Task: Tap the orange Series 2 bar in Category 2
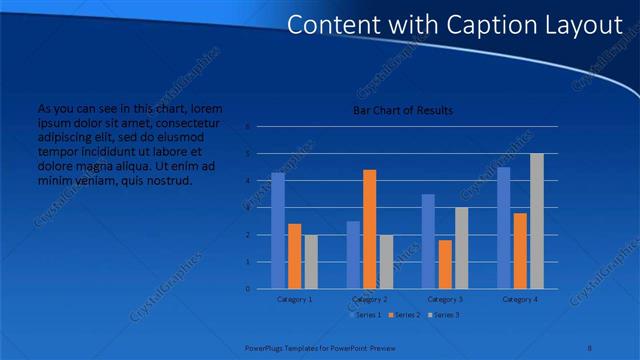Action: coord(369,229)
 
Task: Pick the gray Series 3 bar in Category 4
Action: coord(537,221)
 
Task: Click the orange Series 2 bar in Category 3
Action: coord(444,264)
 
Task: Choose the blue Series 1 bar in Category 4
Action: coord(503,227)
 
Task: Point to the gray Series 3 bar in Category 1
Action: coord(311,261)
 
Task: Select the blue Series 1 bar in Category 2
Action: coord(353,255)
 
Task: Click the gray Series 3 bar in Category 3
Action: coord(461,248)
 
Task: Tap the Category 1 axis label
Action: coord(294,299)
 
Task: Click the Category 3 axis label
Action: coord(445,299)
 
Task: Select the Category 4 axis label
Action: coord(520,299)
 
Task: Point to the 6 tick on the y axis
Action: coord(247,127)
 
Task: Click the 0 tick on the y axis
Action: coord(247,289)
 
